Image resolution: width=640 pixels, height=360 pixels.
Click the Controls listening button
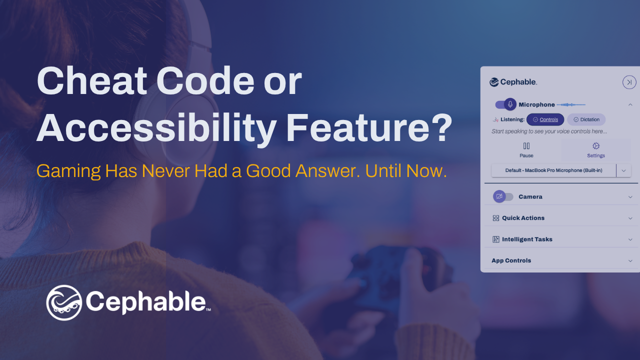545,119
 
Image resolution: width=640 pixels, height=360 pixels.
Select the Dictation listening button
586,119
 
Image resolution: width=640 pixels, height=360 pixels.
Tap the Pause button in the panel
526,150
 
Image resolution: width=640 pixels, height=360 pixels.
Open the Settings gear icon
596,146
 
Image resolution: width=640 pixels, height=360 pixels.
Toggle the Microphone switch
505,104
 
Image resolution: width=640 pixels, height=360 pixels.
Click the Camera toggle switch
503,196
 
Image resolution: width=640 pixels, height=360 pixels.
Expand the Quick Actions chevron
630,218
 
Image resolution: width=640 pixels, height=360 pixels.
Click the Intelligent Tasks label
527,239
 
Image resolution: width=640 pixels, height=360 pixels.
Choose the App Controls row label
511,260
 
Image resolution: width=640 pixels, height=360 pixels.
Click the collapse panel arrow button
629,82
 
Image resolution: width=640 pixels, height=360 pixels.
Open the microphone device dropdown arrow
623,170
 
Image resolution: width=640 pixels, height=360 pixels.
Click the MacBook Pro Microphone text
553,170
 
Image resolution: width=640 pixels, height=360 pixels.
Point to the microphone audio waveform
571,104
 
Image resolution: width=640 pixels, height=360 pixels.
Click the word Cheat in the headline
91,81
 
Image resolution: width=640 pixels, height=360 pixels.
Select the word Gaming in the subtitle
68,171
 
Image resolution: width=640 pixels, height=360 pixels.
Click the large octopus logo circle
64,302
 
